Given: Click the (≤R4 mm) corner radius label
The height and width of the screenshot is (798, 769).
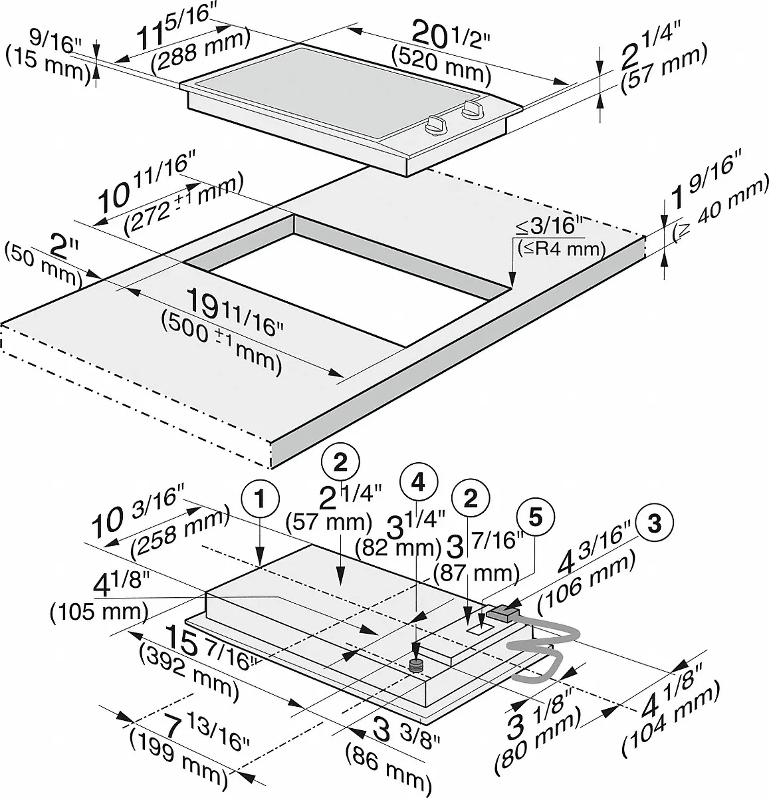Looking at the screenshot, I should tap(561, 249).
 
